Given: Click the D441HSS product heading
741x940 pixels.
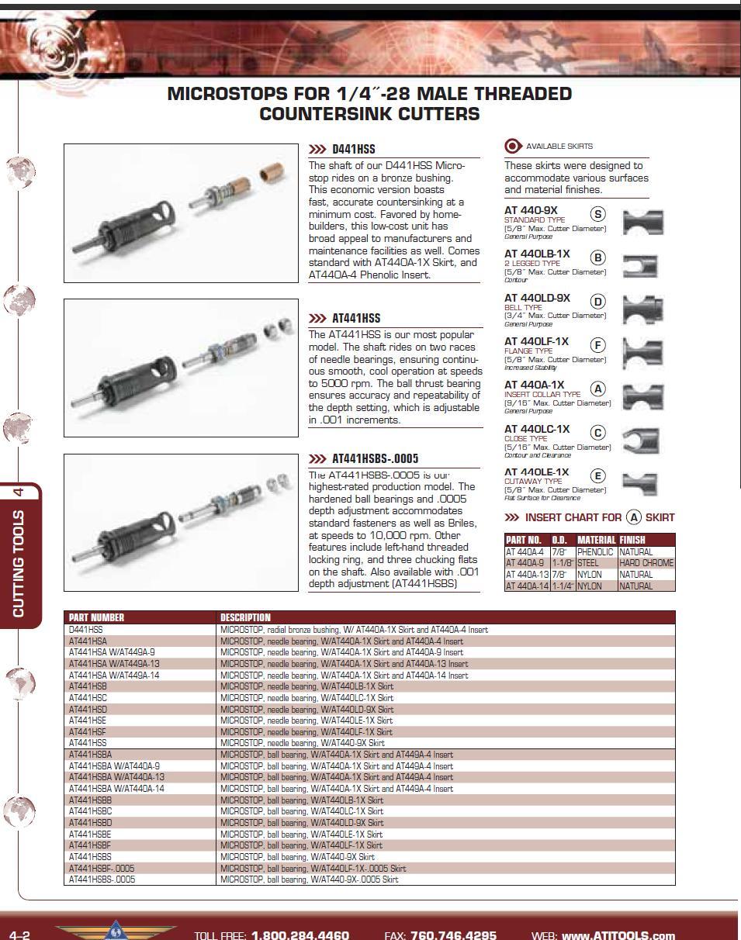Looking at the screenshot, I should click(353, 149).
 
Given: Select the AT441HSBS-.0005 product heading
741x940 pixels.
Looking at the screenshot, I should click(375, 458).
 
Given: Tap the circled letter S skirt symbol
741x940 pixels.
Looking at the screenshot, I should click(597, 214).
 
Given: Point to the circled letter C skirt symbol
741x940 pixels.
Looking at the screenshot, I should click(597, 433).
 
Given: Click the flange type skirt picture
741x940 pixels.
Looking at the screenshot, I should click(643, 353).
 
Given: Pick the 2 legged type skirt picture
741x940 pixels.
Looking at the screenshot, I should click(643, 265).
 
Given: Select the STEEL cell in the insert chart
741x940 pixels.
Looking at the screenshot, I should click(588, 563).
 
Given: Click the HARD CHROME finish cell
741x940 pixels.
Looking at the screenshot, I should click(646, 563).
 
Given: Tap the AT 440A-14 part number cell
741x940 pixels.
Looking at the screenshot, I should click(527, 586).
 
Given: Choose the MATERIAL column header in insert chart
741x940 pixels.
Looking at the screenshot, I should click(596, 540).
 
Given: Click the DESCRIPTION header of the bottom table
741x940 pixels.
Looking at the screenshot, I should click(245, 617).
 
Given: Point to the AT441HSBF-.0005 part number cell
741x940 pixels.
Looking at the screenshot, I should click(102, 869).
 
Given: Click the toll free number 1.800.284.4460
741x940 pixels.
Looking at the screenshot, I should click(300, 935).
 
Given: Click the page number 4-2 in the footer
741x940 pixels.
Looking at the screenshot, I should click(19, 935).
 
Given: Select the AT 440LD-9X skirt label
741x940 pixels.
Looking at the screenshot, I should click(537, 298).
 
